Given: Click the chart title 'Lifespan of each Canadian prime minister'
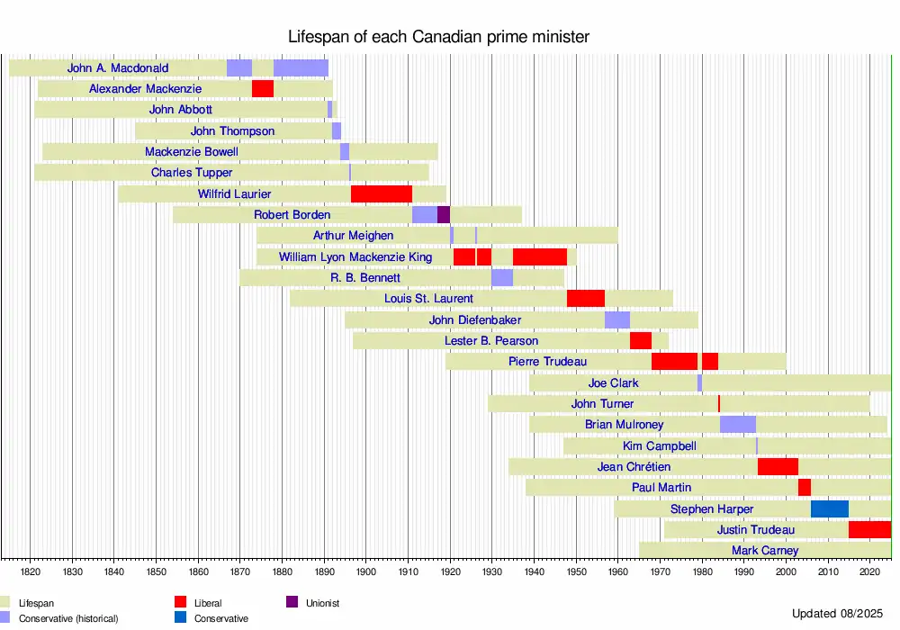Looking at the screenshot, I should [x=438, y=37].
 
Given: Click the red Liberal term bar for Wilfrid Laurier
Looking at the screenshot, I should [x=382, y=193].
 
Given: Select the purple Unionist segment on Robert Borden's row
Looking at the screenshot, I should [x=444, y=214].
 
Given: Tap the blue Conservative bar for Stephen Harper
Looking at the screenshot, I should [x=830, y=508].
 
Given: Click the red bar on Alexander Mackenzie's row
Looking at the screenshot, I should [x=263, y=88].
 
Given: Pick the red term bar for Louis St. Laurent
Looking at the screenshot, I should [x=586, y=298].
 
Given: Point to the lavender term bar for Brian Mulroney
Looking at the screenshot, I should [x=738, y=424].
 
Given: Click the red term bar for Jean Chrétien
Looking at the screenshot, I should [x=778, y=466].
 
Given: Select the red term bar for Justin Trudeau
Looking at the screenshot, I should [x=869, y=529].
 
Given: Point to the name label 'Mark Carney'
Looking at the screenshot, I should [x=765, y=550].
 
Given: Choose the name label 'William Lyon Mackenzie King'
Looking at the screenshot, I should [x=355, y=256].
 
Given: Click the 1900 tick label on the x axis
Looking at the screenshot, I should [x=366, y=571].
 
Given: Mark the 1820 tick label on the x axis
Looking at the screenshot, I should [x=31, y=571].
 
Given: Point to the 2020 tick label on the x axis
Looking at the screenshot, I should [x=870, y=571].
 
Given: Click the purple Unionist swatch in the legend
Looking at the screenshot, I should [x=292, y=602].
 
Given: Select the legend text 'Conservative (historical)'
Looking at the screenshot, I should [x=68, y=618].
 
